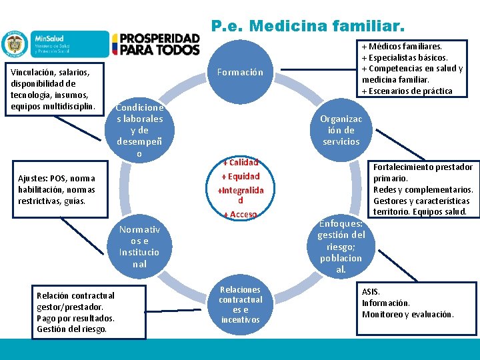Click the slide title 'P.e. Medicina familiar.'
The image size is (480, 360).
(x=307, y=27)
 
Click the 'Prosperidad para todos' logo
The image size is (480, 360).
(x=156, y=45)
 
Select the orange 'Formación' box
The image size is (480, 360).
(x=240, y=72)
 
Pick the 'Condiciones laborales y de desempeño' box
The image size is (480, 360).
(x=139, y=131)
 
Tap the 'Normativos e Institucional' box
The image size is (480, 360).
(x=139, y=247)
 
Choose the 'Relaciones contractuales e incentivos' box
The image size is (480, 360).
(x=240, y=305)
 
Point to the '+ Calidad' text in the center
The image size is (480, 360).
(x=241, y=162)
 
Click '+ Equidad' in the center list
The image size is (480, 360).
(x=241, y=177)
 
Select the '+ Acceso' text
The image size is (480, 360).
(x=240, y=214)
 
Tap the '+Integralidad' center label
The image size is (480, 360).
(x=241, y=195)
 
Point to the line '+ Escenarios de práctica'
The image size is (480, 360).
(x=407, y=91)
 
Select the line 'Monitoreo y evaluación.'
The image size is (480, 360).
(x=407, y=314)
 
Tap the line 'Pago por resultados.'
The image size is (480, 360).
(x=75, y=318)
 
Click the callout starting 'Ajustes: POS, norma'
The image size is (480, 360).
(x=57, y=189)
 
